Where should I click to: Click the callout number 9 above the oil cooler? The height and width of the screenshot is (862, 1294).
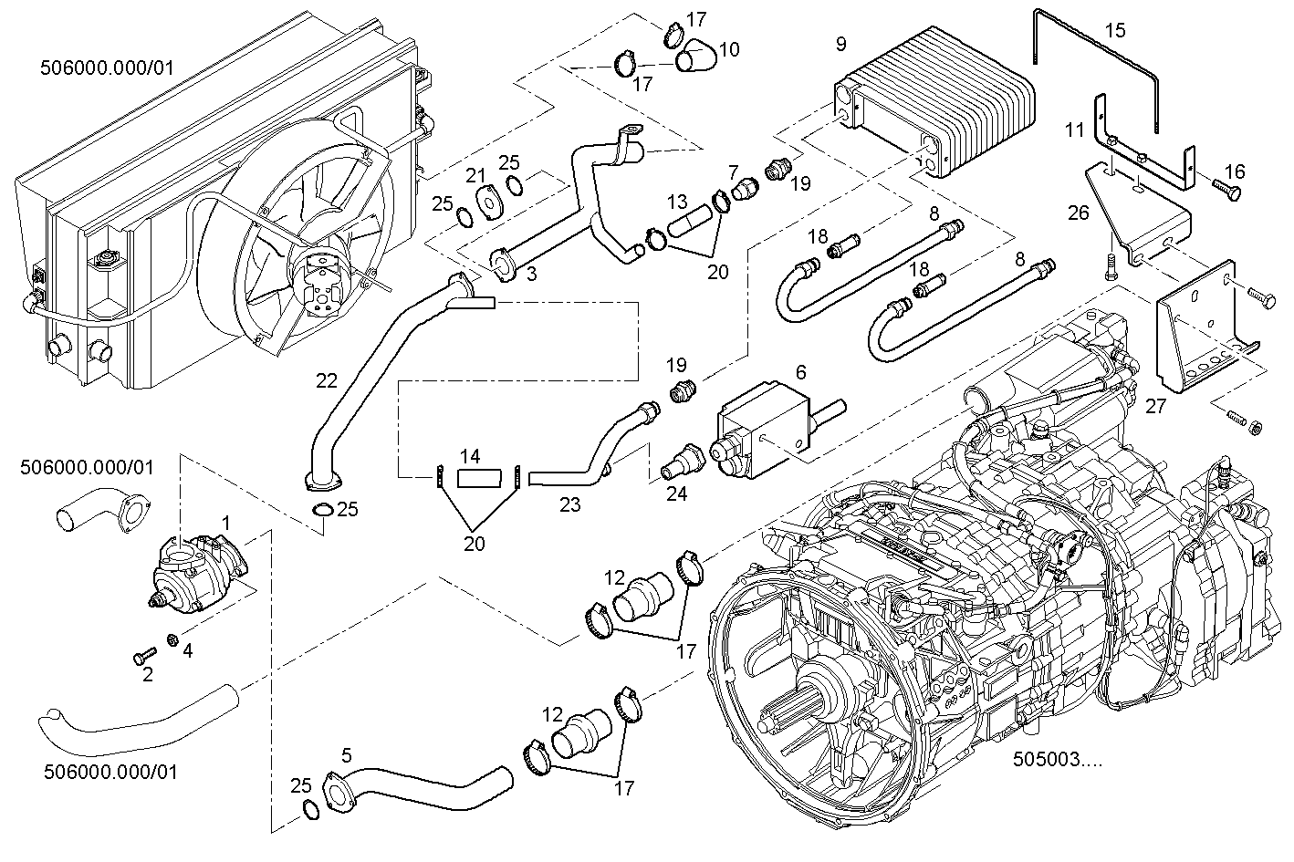click(x=840, y=44)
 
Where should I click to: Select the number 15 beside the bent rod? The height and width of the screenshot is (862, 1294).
click(x=1115, y=30)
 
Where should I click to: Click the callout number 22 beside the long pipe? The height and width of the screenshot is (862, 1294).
click(x=328, y=380)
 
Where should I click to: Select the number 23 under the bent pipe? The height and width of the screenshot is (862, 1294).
click(x=569, y=504)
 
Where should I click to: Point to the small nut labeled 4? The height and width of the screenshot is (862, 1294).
click(x=172, y=639)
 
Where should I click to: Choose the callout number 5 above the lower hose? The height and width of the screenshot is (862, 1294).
click(x=346, y=754)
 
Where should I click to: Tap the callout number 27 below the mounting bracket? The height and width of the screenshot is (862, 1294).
click(x=1155, y=407)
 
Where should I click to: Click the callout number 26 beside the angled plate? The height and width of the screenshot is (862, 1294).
click(x=1079, y=213)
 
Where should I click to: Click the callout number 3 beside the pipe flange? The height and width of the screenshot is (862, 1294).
click(x=530, y=274)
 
